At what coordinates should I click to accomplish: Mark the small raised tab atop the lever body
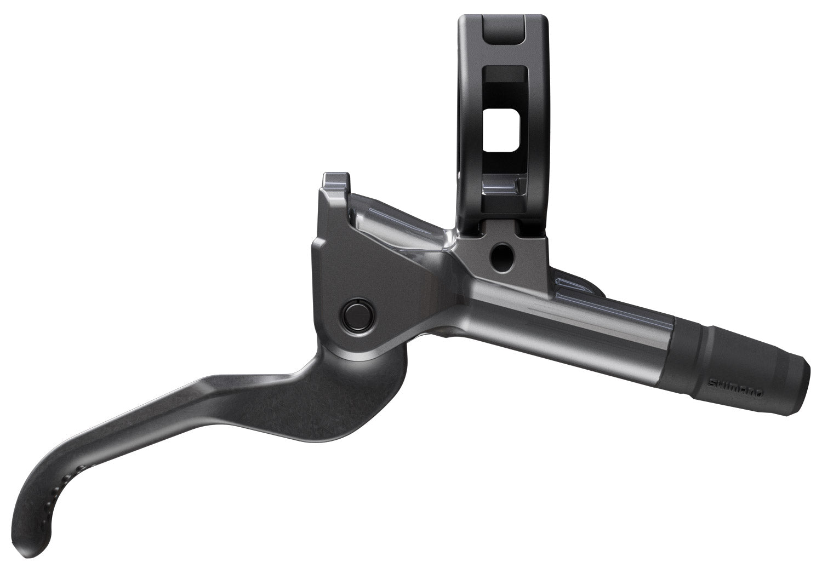(335, 183)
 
